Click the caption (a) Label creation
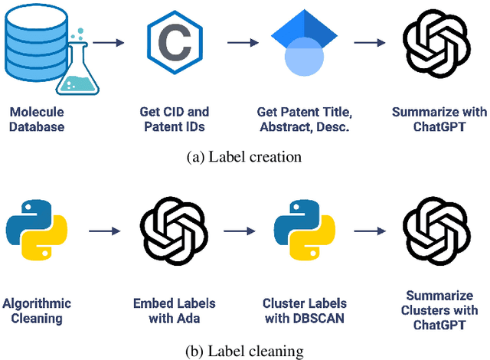pos(244,156)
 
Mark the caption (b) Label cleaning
pos(244,352)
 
